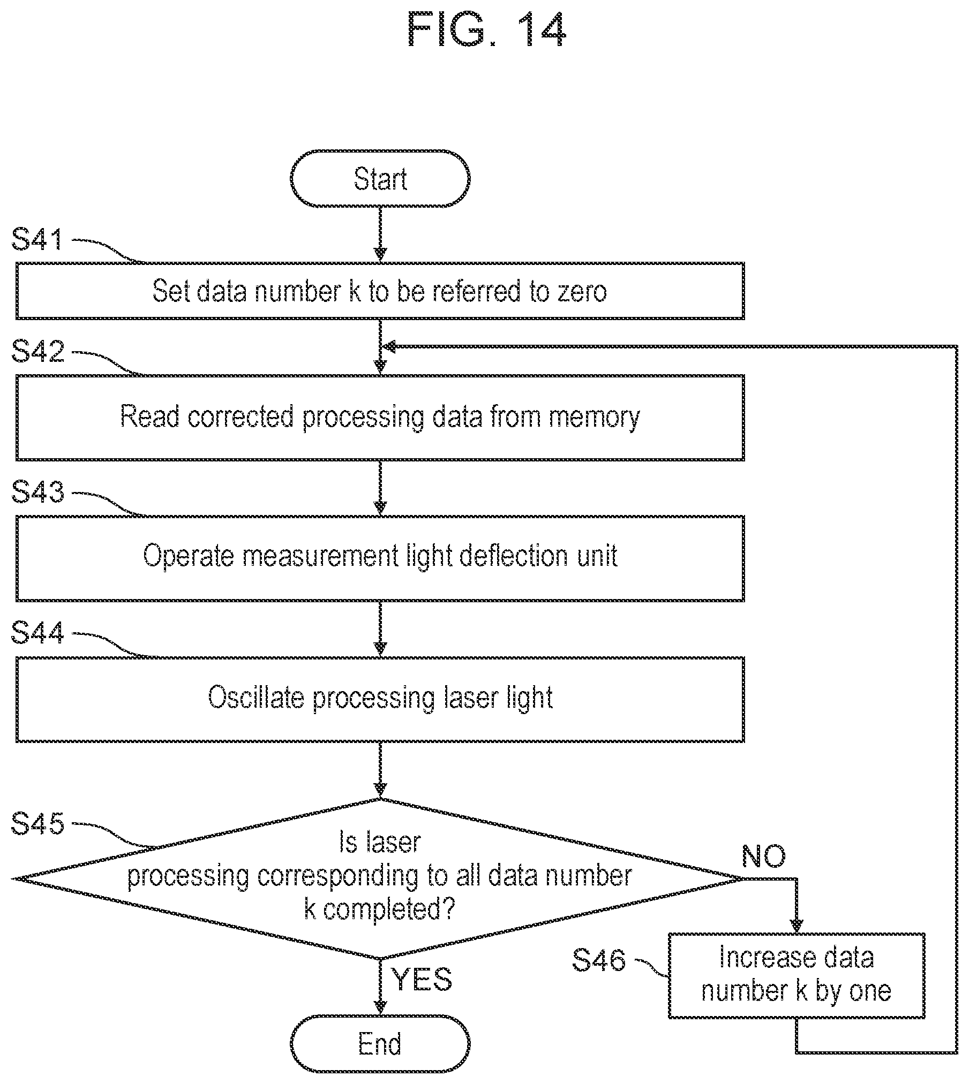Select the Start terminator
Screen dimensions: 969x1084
pos(380,178)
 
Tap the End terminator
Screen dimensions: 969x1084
pos(380,1043)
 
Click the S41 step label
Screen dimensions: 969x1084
pos(37,239)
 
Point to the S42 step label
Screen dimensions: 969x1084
pos(37,351)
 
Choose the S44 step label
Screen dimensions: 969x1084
pos(37,633)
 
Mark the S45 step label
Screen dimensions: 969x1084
pos(37,823)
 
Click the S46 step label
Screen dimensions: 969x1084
pos(598,960)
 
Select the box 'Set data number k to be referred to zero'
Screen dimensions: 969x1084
pos(380,291)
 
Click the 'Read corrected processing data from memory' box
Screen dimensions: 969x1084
pos(380,418)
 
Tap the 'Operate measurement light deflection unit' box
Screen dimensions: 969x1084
pos(380,558)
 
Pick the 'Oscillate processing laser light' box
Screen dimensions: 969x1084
pos(380,699)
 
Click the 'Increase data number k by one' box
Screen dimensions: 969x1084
pos(797,975)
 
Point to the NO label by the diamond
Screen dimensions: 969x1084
pos(764,856)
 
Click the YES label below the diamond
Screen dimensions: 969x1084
pos(423,979)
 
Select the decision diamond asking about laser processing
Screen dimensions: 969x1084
pos(380,878)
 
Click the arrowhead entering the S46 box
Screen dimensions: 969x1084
pos(797,927)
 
